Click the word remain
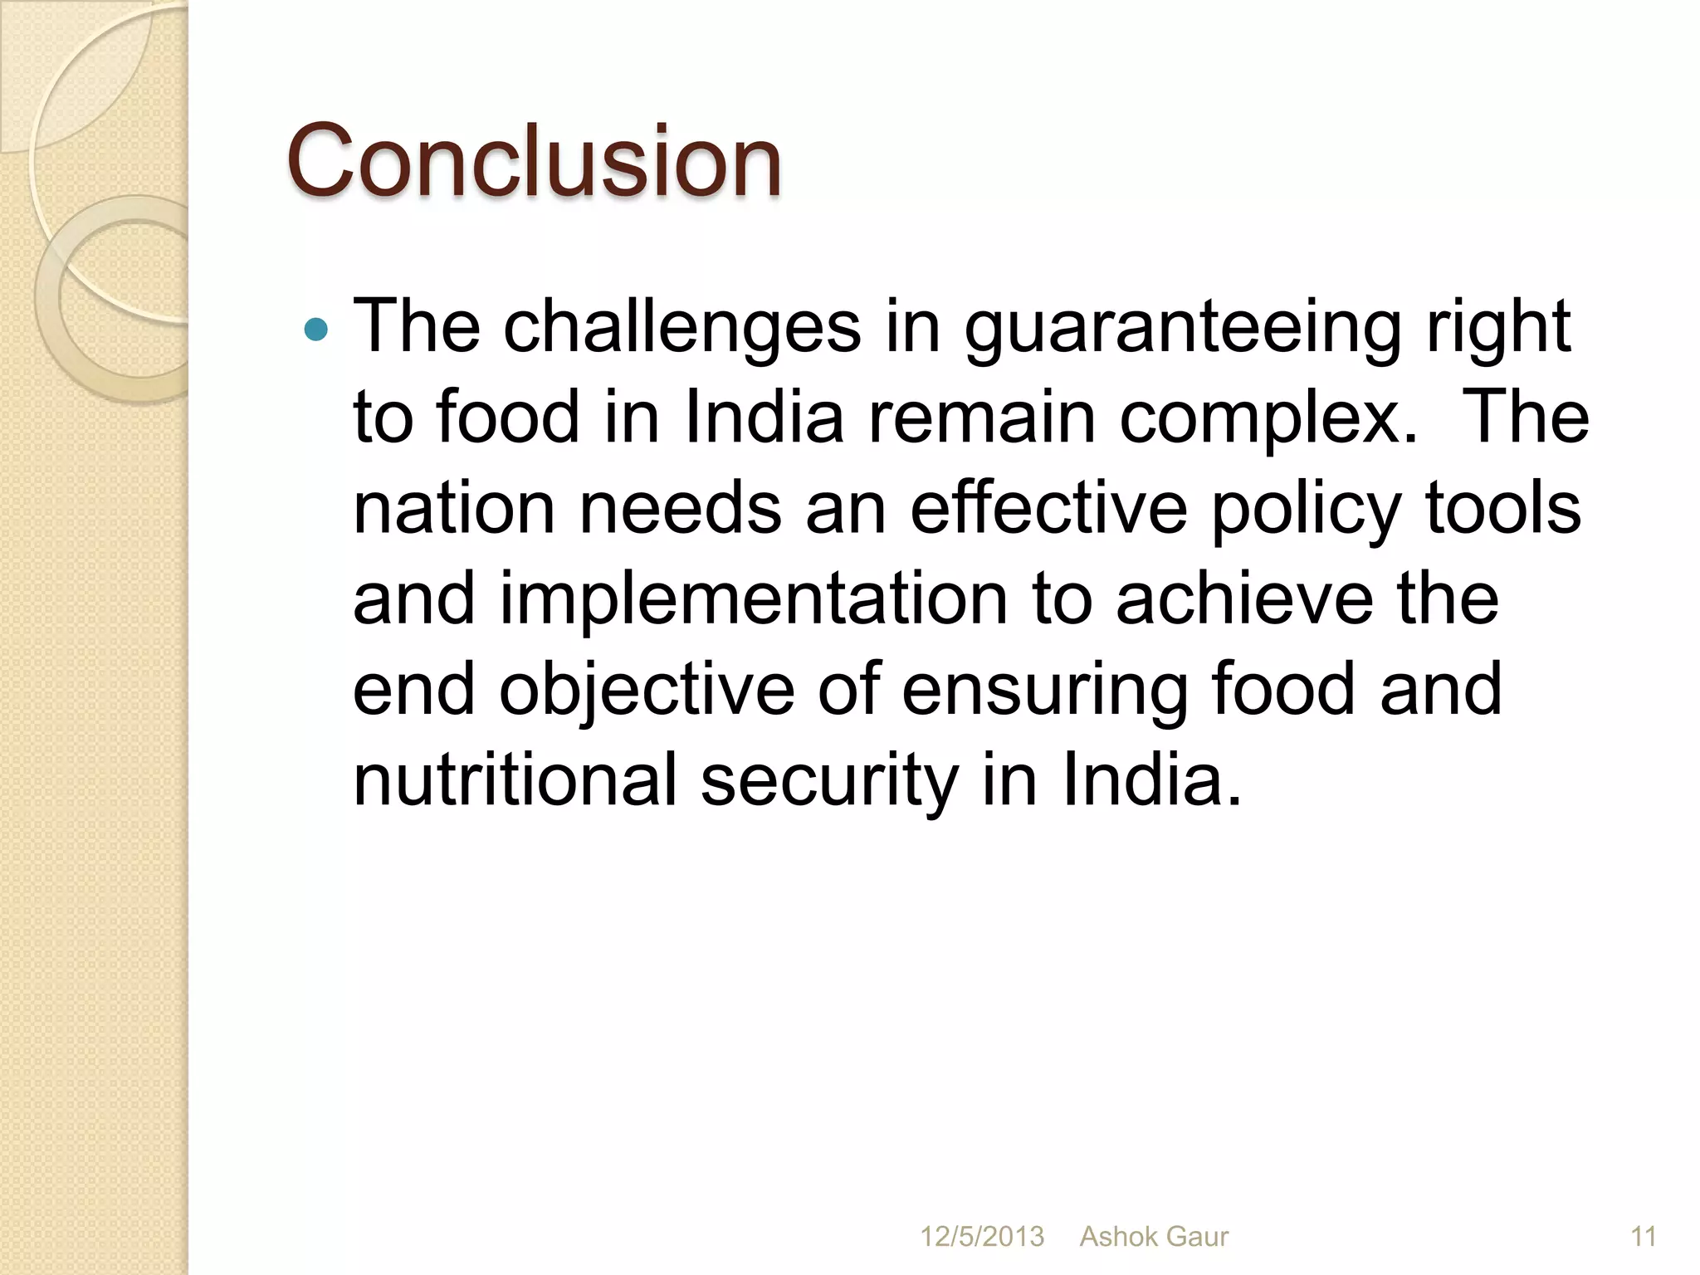tap(981, 418)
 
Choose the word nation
tap(453, 509)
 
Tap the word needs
tap(681, 509)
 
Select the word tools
tap(1503, 509)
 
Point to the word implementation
tap(753, 600)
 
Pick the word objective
tap(647, 691)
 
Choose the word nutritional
tap(515, 781)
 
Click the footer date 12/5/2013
tap(982, 1237)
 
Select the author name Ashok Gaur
tap(1154, 1237)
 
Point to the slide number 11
tap(1644, 1237)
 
